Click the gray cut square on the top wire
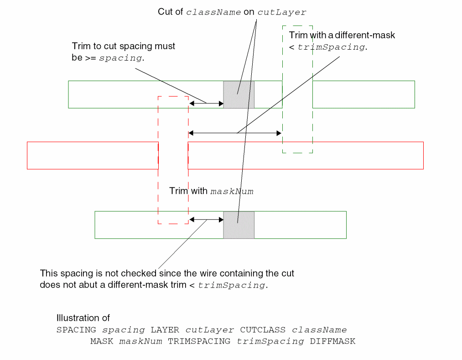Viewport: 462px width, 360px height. [x=239, y=94]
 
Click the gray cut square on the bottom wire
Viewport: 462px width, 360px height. [x=239, y=225]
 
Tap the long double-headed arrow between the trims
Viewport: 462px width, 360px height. [x=235, y=133]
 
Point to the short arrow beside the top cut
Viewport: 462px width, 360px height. [x=206, y=103]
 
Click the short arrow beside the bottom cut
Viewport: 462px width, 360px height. [x=206, y=220]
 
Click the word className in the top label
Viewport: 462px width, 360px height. [x=213, y=12]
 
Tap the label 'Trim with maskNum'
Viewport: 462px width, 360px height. [x=211, y=191]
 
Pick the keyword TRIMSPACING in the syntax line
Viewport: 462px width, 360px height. [x=199, y=341]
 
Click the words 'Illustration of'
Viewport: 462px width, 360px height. [x=83, y=318]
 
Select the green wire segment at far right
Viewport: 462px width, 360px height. [x=363, y=94]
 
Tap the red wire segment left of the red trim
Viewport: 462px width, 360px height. [x=93, y=155]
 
